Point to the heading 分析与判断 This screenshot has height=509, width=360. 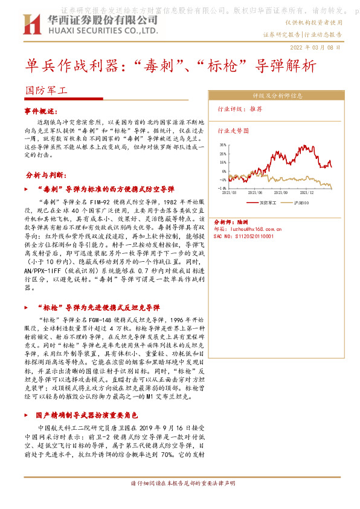[x=45, y=175]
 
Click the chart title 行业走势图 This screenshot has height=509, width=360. [x=233, y=130]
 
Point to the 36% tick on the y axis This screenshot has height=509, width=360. [x=222, y=145]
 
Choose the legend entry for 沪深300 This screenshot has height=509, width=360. [x=301, y=202]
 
